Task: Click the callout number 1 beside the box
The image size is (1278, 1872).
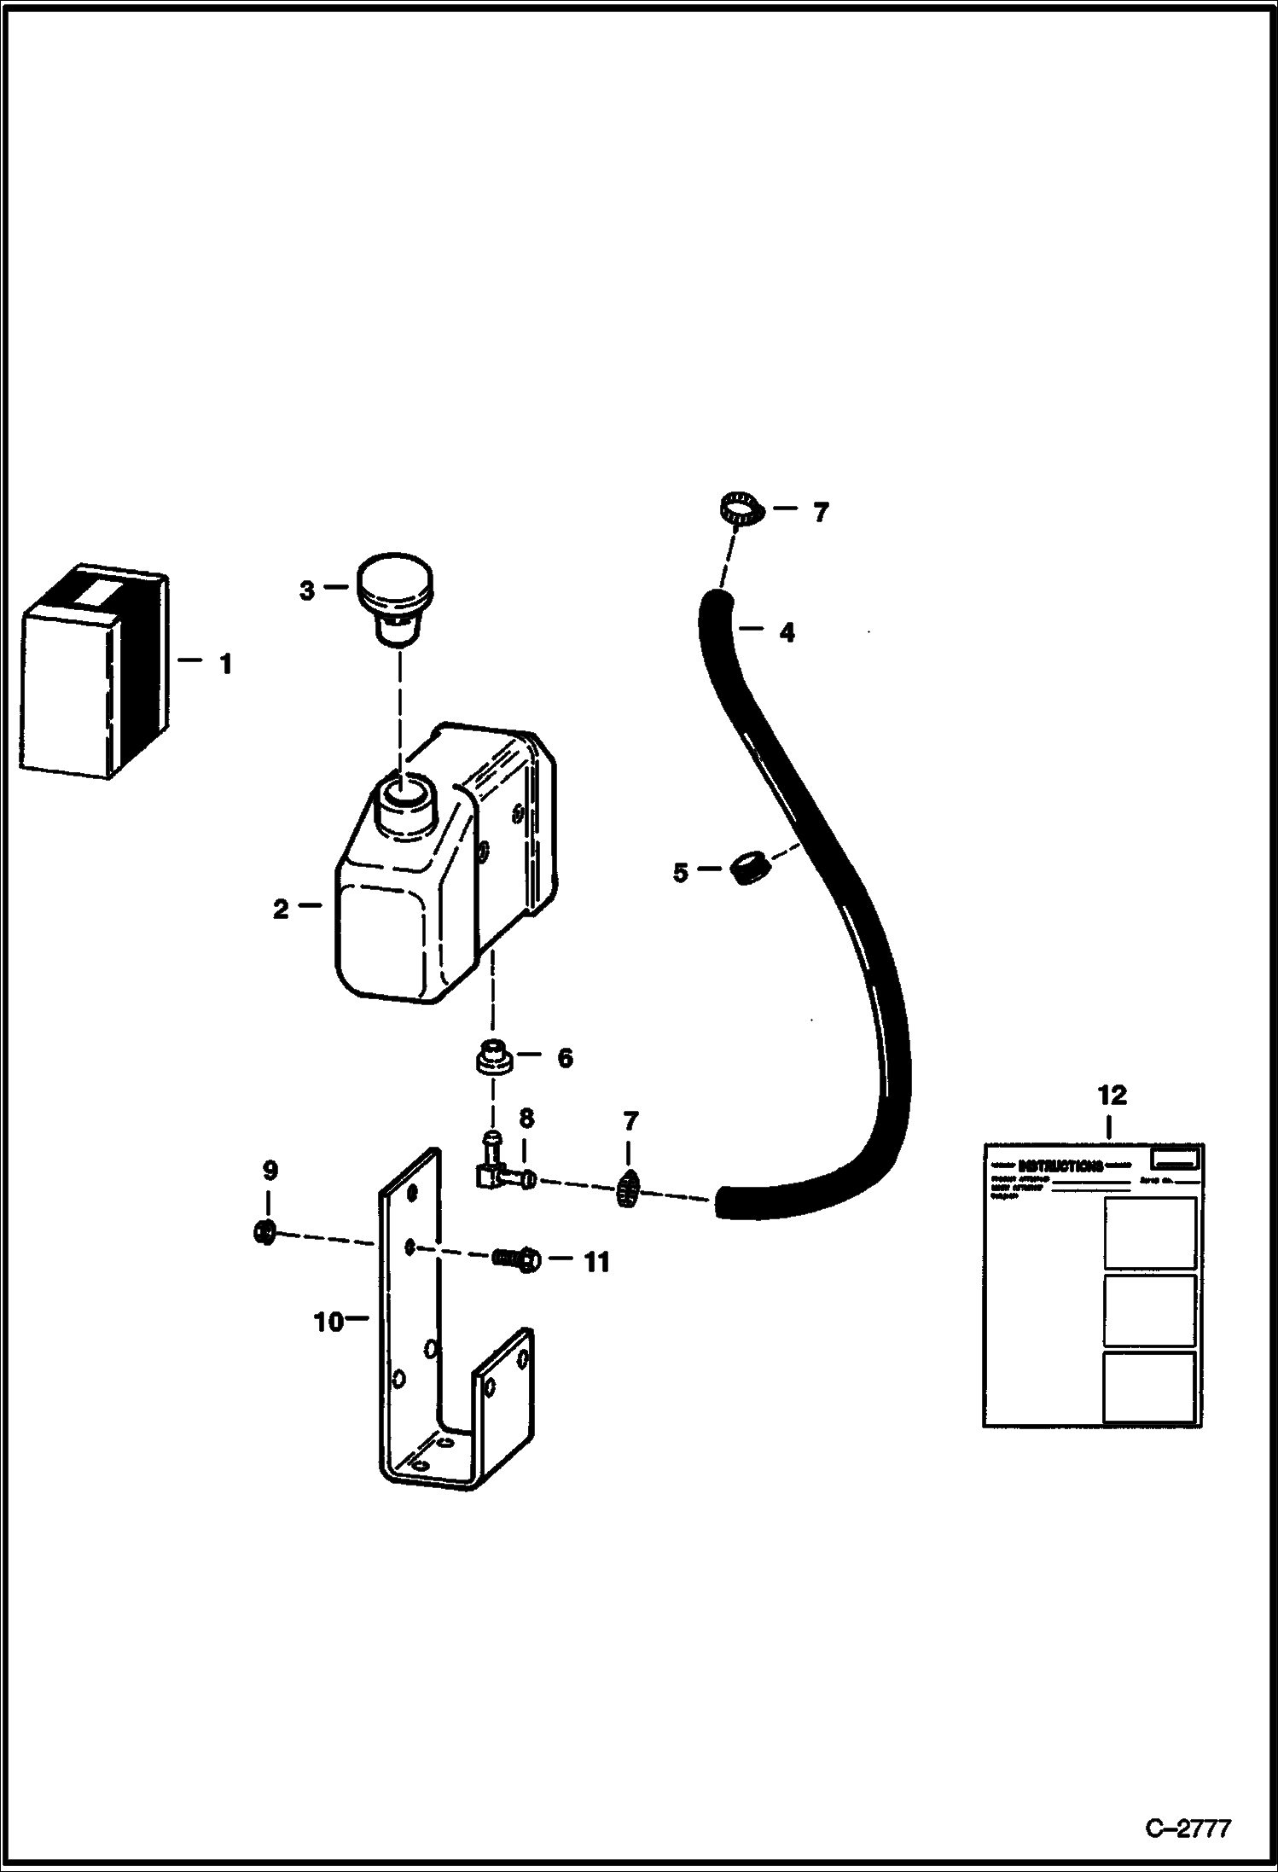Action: (225, 663)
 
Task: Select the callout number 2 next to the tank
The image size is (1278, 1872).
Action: (281, 910)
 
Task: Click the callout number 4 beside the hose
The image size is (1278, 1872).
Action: (787, 632)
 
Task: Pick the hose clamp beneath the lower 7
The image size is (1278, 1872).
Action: (628, 1187)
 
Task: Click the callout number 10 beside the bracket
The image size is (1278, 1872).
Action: (328, 1322)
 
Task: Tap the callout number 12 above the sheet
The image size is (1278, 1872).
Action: (1112, 1095)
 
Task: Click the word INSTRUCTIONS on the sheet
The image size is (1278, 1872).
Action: (1060, 1166)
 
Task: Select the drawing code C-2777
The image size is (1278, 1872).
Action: (1188, 1829)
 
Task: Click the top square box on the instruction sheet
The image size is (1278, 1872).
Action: (1149, 1232)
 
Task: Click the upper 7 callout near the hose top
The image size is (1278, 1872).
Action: (820, 513)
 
